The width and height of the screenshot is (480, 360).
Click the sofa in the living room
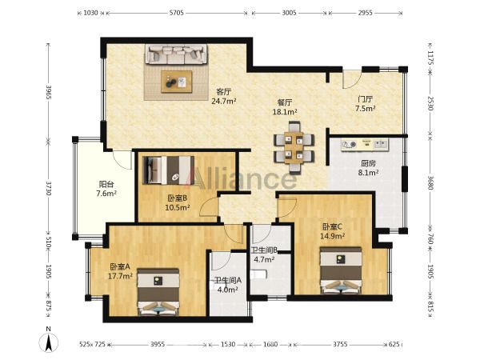click(176, 54)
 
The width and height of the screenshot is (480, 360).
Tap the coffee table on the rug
click(177, 82)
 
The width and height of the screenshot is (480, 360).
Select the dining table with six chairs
click(294, 148)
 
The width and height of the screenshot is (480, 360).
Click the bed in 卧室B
click(168, 170)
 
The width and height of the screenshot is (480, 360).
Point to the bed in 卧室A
click(158, 292)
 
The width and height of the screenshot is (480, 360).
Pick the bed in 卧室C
click(341, 270)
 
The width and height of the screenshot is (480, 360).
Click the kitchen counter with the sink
click(365, 145)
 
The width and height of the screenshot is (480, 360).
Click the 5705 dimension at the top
click(176, 13)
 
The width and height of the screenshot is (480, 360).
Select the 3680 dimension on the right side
click(430, 182)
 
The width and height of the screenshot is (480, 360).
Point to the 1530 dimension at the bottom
click(228, 344)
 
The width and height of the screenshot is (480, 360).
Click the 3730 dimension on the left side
click(48, 188)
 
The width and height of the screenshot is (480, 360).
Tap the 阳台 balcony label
click(106, 184)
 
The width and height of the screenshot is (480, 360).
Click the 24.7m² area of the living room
click(224, 101)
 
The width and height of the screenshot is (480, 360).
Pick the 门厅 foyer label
click(366, 99)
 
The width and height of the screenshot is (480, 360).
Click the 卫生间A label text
click(228, 280)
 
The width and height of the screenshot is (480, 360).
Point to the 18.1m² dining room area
click(285, 112)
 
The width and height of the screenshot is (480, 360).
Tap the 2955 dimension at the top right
click(366, 13)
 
